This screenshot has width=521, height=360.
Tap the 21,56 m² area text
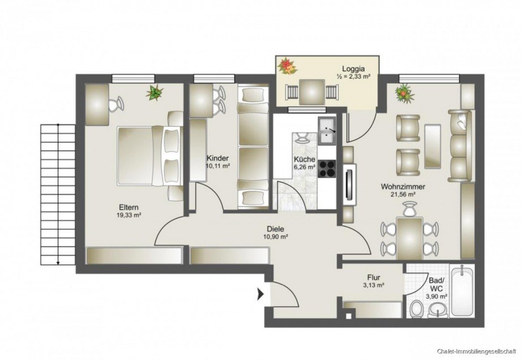click(403, 194)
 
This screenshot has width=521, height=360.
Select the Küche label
click(304, 160)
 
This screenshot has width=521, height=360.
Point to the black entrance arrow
click(260, 294)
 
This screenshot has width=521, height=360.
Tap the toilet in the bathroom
click(417, 310)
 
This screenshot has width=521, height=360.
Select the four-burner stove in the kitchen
click(327, 167)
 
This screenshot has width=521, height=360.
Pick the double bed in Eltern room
click(147, 156)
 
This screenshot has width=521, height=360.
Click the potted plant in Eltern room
click(153, 92)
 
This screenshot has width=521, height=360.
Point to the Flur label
click(374, 277)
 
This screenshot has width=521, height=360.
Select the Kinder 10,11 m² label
click(218, 162)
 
